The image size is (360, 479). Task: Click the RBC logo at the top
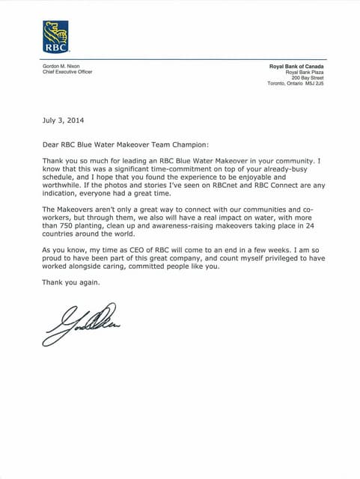(x=55, y=36)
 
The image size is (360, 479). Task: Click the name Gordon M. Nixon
(x=61, y=66)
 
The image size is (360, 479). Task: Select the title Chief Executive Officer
(x=67, y=72)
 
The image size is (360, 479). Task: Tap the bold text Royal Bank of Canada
(x=296, y=66)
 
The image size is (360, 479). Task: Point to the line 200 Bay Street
(x=308, y=78)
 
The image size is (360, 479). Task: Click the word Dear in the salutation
(x=52, y=145)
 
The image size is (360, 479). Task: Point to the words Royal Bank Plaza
(x=305, y=72)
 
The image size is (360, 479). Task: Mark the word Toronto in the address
(x=278, y=84)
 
